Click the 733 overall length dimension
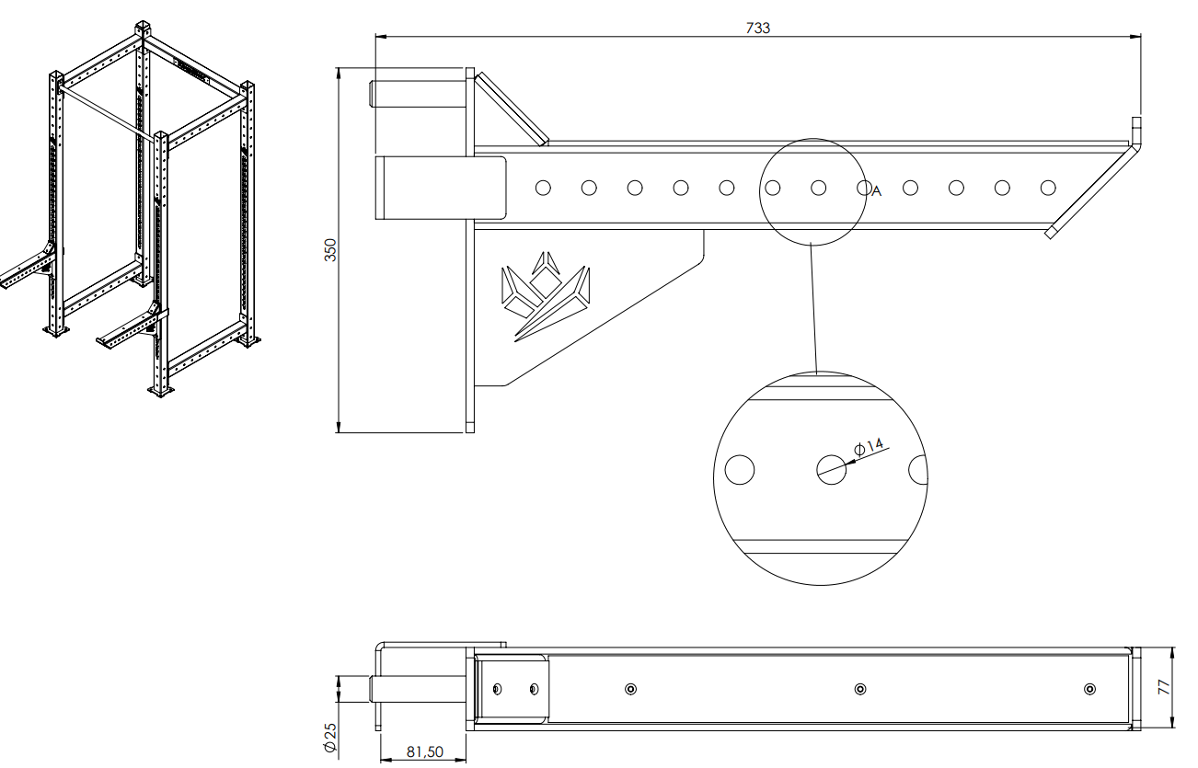tap(757, 28)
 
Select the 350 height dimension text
tap(331, 249)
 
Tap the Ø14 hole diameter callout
tap(870, 447)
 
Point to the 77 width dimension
tap(1163, 687)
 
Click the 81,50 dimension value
tap(424, 751)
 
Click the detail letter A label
tap(877, 191)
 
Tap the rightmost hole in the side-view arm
tap(1047, 188)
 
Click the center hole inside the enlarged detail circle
tap(830, 469)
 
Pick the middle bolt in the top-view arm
tap(859, 689)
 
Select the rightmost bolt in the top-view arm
tap(1090, 689)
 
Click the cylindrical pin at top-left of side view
tap(420, 94)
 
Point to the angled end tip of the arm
tap(1050, 233)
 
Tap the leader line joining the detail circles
tap(813, 304)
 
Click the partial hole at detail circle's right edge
tap(916, 470)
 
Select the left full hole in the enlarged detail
tap(739, 470)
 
